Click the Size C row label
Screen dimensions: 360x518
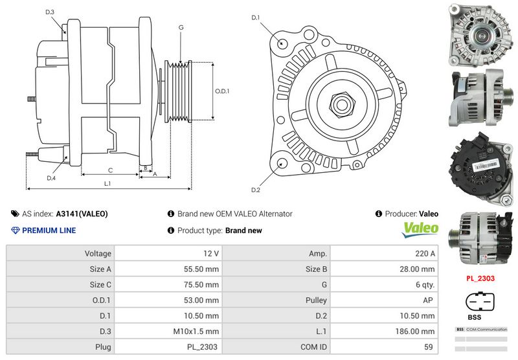point(100,285)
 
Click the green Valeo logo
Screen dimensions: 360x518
point(421,229)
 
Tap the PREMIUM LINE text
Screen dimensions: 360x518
point(49,231)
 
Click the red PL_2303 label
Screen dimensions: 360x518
point(480,279)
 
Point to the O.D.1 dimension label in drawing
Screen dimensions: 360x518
point(222,91)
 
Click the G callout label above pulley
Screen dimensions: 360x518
point(181,28)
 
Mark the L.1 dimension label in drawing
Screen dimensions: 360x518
point(107,184)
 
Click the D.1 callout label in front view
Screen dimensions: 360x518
point(255,17)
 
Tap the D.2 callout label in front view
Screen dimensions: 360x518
point(255,190)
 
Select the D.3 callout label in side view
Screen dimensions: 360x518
point(50,12)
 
